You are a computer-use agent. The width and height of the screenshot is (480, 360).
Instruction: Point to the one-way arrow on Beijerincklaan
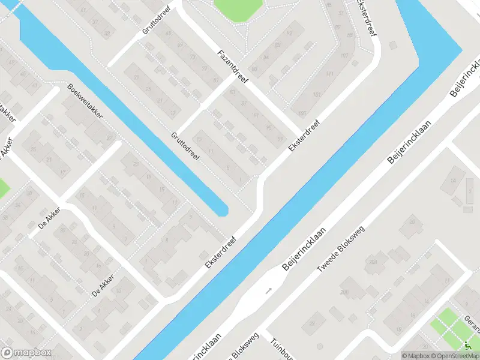point(268,290)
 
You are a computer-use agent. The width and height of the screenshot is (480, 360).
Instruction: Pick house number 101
point(316,95)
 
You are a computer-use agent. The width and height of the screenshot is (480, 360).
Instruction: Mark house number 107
point(344,56)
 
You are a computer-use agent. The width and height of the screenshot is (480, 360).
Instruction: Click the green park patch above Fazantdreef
point(239,9)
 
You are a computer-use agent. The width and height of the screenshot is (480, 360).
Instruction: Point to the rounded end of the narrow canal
point(221,209)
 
